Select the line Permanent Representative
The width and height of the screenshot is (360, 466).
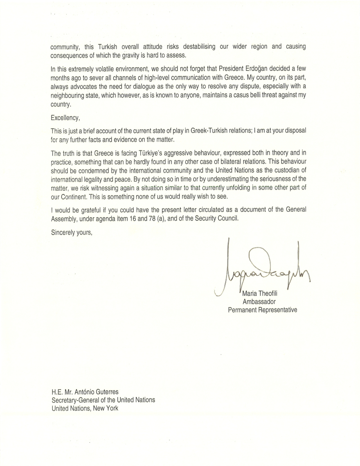[x=262, y=310]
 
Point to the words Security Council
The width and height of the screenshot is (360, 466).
[x=214, y=218]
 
